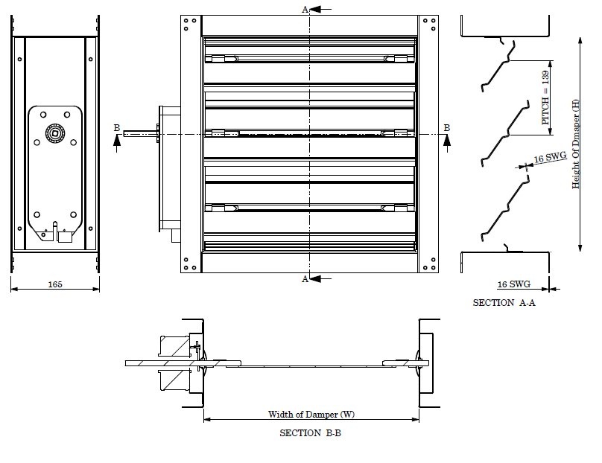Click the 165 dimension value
point(56,284)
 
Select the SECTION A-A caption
point(504,303)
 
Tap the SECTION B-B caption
point(311,432)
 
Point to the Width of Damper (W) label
point(311,413)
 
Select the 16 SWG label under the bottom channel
point(513,284)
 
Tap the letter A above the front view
point(304,9)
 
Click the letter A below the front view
point(304,279)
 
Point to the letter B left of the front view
point(116,128)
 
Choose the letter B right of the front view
point(446,128)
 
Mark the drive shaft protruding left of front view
point(142,134)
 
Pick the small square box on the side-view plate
point(64,237)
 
